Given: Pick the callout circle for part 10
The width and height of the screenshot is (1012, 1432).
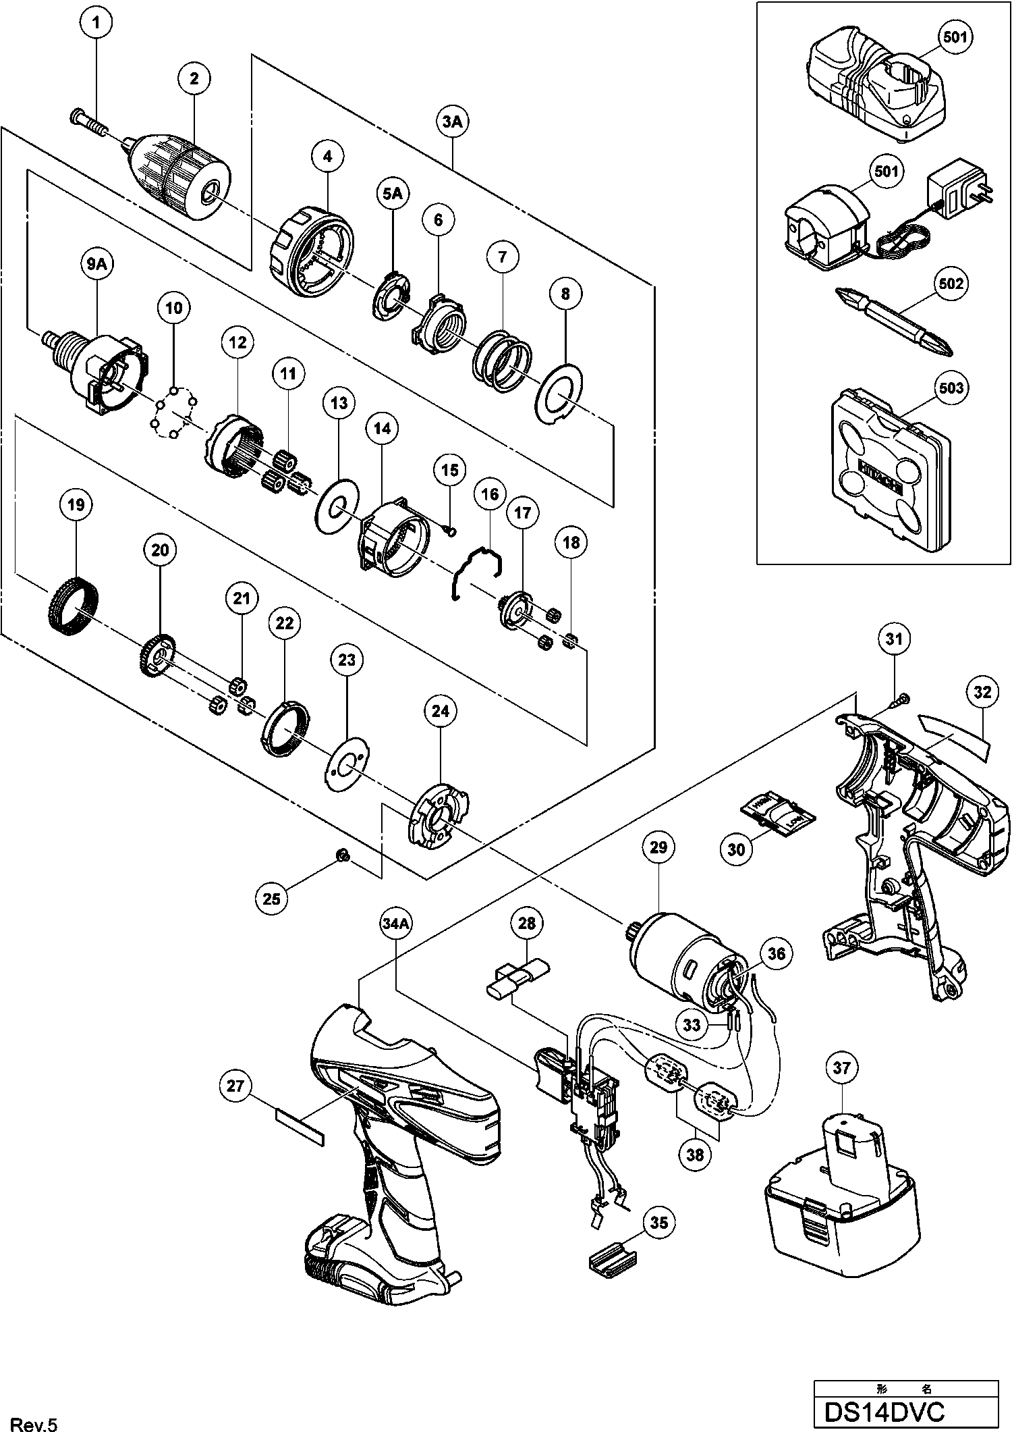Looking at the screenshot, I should pyautogui.click(x=174, y=308).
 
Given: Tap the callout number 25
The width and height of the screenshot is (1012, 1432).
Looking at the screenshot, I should pyautogui.click(x=271, y=898).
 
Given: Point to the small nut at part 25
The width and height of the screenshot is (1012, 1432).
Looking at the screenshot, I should pyautogui.click(x=343, y=856).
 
